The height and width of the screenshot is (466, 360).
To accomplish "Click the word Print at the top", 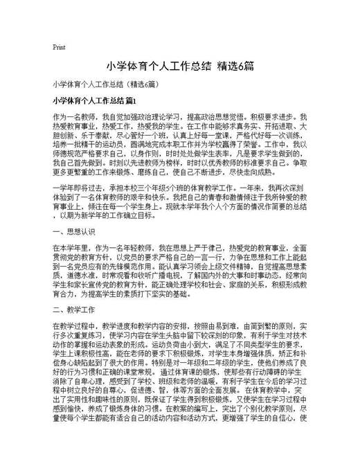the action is tap(59, 48).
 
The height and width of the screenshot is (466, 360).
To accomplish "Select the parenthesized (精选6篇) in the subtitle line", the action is tap(143, 84).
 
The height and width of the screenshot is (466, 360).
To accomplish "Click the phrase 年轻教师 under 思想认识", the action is tap(135, 247).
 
